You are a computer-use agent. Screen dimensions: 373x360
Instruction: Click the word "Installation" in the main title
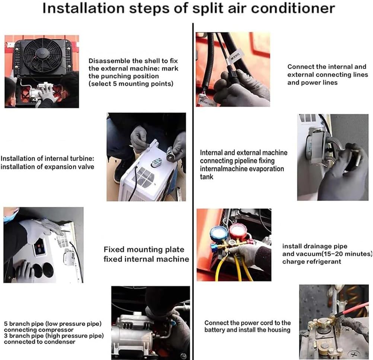click(x=83, y=8)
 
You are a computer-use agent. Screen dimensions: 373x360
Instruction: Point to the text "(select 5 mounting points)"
click(x=131, y=84)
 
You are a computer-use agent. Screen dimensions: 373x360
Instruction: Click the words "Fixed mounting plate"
click(x=144, y=249)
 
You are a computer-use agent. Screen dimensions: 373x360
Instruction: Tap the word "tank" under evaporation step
click(x=207, y=176)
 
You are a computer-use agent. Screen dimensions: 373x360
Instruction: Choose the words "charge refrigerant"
click(x=312, y=262)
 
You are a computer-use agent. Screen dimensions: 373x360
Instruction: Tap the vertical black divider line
click(x=193, y=191)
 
